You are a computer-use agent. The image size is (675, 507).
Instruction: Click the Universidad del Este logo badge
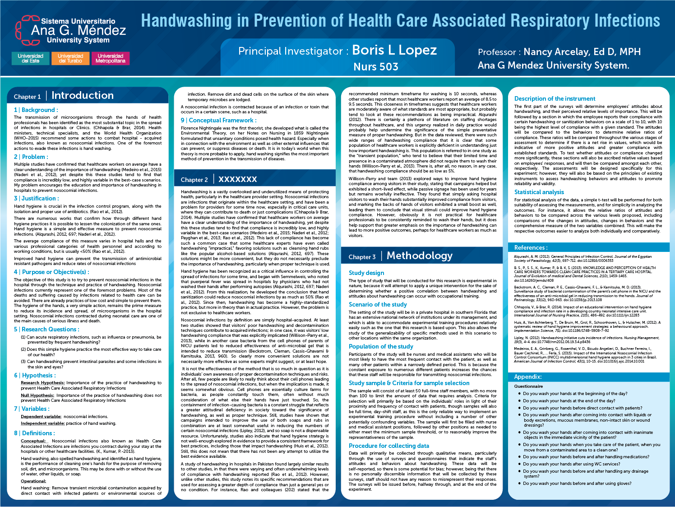(31, 58)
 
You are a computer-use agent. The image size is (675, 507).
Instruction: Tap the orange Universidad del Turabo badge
(70, 58)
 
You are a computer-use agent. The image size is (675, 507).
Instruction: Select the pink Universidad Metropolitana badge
(111, 58)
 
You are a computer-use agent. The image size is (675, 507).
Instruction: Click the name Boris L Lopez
(394, 50)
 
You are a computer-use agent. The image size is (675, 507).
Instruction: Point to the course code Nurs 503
(376, 67)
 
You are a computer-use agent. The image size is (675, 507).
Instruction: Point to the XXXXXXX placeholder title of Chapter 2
(238, 179)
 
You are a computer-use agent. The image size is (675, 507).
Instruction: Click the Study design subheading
(366, 273)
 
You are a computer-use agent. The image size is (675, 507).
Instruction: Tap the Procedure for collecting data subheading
(388, 446)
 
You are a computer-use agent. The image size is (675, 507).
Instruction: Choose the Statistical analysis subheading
(539, 192)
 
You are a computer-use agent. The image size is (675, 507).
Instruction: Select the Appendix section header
(527, 377)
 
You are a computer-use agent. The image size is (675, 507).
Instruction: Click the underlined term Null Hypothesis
(37, 395)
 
